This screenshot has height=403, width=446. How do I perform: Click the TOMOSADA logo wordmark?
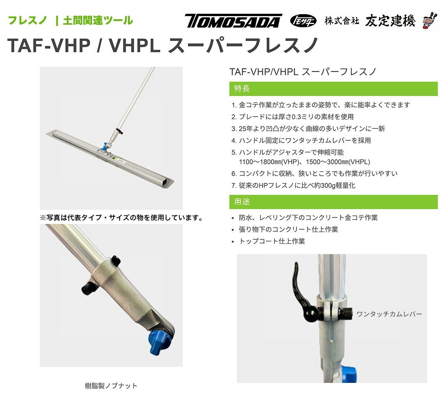[233, 21]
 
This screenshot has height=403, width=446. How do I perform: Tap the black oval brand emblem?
[303, 21]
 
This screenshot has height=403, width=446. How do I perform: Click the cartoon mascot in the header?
[430, 20]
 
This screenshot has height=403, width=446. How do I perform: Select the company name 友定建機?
[390, 21]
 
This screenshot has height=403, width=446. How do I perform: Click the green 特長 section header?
[334, 89]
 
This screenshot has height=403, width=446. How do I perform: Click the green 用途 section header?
[334, 202]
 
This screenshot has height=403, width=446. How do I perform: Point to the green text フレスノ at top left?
[27, 20]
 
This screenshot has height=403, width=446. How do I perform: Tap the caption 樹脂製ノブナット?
[111, 386]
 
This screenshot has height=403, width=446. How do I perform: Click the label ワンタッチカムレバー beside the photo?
[389, 314]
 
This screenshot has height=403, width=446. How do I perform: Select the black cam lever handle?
[302, 293]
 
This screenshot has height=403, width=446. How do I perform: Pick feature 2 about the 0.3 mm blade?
[292, 117]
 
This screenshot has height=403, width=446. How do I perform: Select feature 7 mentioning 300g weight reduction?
[293, 186]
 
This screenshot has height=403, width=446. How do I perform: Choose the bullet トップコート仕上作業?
[272, 241]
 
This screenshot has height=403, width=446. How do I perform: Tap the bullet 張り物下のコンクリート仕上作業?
[288, 230]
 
